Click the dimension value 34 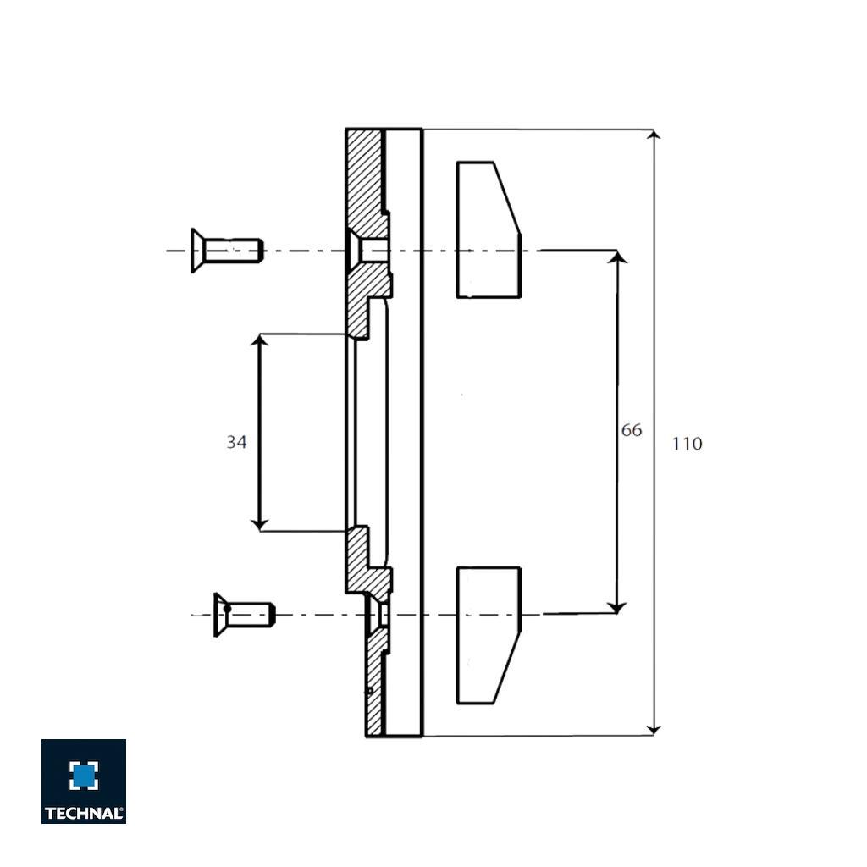(x=236, y=441)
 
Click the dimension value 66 (x=632, y=430)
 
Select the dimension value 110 (x=687, y=444)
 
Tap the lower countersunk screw (x=245, y=615)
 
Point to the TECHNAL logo (x=84, y=781)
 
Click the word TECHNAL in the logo (x=84, y=813)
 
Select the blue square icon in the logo (x=84, y=775)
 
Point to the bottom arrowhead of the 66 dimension (x=618, y=606)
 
